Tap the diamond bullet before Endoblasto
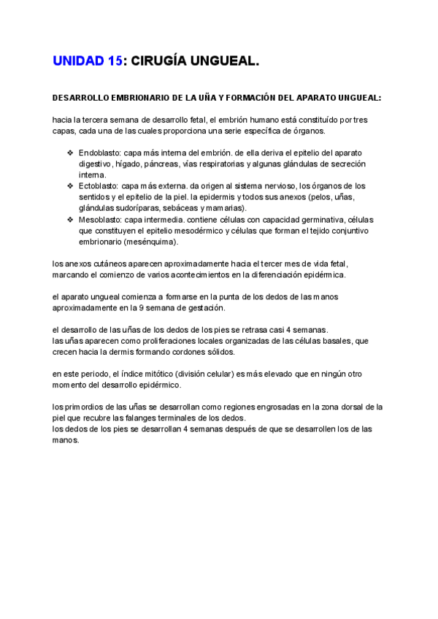[70, 153]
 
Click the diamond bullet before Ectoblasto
[70, 186]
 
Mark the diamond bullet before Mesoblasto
[70, 220]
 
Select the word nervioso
[278, 186]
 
